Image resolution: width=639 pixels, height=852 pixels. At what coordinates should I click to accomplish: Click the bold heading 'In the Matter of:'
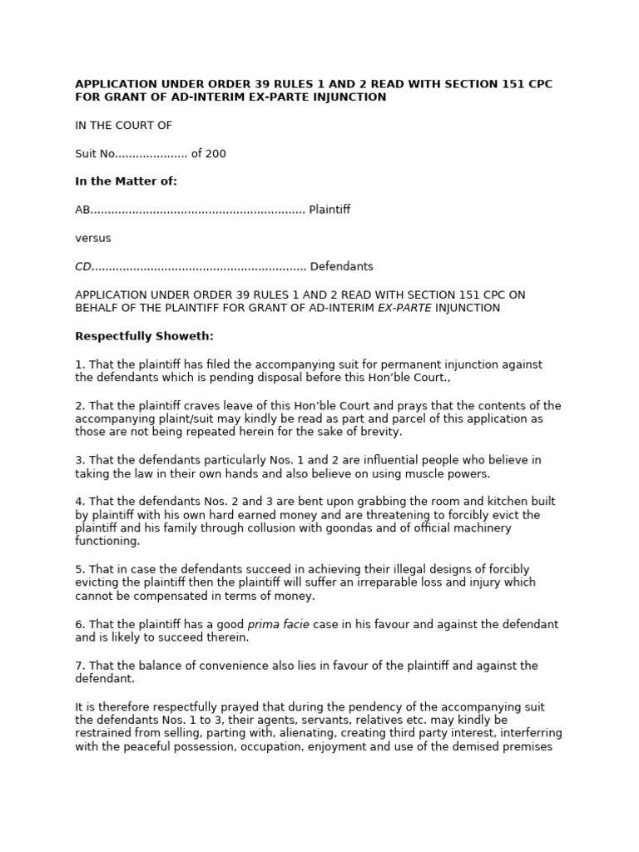coord(126,181)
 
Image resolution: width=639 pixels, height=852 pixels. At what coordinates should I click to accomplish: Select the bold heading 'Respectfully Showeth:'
coord(144,336)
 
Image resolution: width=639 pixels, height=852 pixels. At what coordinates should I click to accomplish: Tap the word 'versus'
coord(93,238)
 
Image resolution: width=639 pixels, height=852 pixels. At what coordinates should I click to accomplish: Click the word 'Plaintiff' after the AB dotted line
coord(329,210)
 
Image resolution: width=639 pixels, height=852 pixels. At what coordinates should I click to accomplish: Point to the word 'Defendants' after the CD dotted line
coord(342,266)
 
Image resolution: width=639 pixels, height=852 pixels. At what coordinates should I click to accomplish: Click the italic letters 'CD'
coord(82,266)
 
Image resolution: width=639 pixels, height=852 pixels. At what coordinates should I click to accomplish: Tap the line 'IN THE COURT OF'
coord(123,126)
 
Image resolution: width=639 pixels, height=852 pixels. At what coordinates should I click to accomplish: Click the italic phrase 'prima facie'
coord(278,624)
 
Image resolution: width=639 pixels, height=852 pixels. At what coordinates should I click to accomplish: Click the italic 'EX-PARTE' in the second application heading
coord(404,308)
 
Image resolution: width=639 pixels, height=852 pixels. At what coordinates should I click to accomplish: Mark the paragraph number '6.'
coord(80,624)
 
